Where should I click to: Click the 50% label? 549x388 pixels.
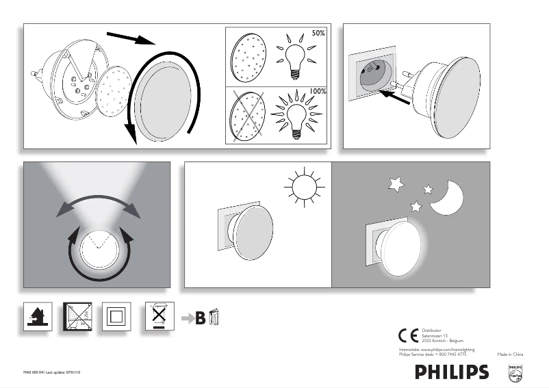point(318,32)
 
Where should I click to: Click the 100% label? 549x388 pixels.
point(317,91)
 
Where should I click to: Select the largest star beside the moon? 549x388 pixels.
point(396,183)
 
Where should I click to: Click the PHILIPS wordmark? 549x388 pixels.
point(452,372)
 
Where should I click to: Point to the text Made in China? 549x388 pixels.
point(510,355)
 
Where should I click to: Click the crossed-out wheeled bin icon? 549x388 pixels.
point(158,316)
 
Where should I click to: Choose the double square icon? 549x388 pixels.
point(115,317)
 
